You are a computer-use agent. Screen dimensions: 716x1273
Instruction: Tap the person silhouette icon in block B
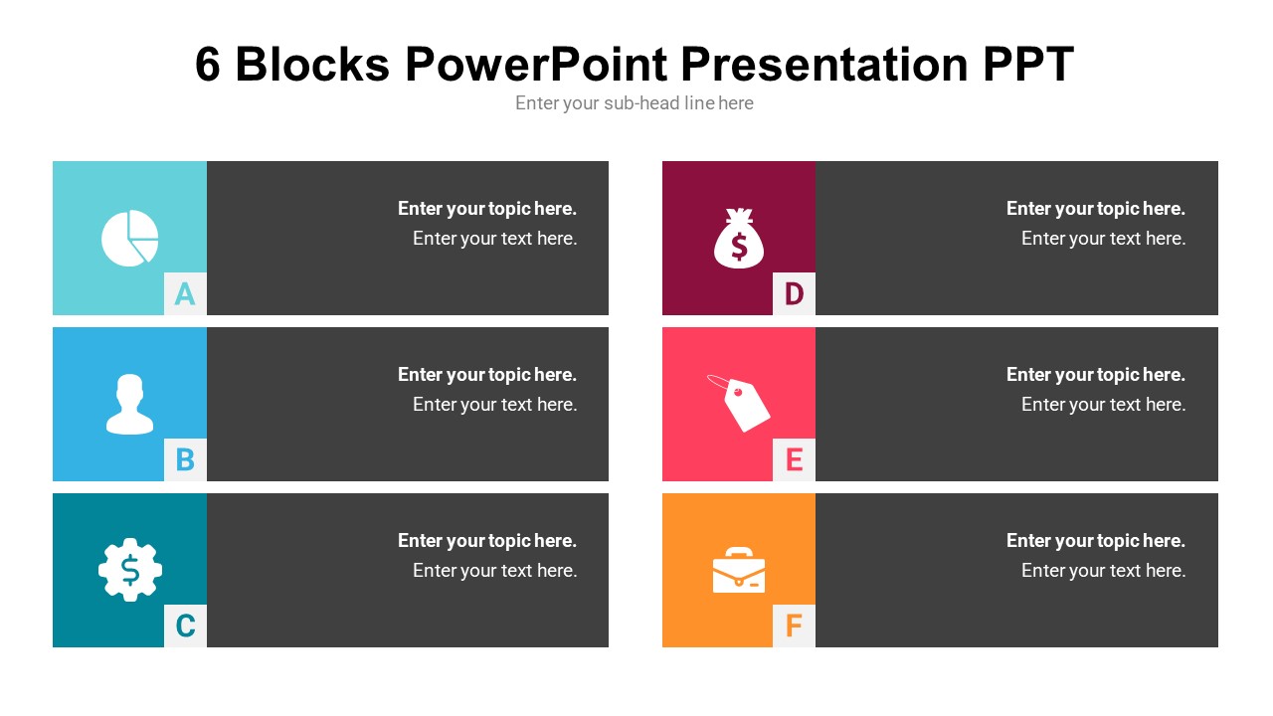(130, 404)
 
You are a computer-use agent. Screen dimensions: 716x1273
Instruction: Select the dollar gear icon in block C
(130, 570)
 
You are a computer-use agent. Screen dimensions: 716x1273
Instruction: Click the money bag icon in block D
(739, 239)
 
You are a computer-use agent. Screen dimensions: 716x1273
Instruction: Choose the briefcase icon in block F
(739, 571)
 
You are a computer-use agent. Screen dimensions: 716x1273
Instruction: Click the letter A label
(185, 293)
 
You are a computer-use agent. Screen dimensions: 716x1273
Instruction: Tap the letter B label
(185, 459)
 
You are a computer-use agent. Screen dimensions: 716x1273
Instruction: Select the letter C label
(185, 626)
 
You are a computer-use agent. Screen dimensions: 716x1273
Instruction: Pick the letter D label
(794, 293)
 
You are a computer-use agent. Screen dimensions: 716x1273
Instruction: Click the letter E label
(794, 459)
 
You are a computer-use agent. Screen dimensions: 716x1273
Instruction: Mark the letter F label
(794, 626)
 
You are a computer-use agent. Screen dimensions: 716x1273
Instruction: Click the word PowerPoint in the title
(537, 65)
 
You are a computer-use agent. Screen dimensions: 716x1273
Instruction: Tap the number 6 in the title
(207, 65)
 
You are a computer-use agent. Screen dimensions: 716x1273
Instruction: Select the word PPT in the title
(1028, 65)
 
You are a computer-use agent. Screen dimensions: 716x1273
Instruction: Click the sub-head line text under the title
(635, 103)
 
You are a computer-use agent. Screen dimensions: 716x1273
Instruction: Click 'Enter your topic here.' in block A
(487, 209)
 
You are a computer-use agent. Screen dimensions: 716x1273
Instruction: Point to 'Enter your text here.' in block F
(1103, 571)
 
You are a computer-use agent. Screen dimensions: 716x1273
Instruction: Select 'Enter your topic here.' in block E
(1095, 375)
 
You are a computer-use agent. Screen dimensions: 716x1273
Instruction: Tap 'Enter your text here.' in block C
(494, 571)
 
